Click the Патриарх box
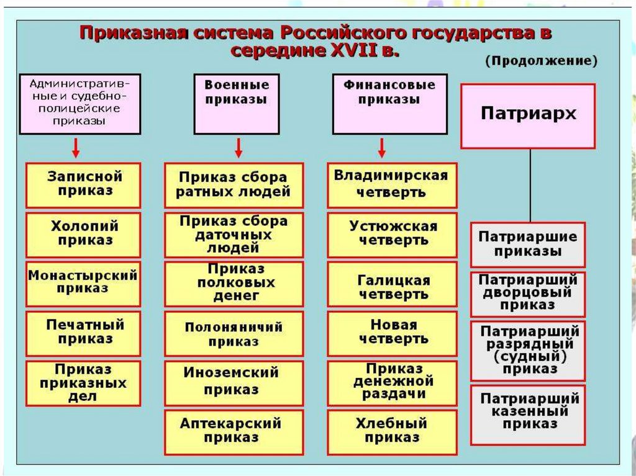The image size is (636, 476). coord(528,116)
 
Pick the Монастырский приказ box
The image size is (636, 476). coord(83,283)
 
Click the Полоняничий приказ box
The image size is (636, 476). coord(234,334)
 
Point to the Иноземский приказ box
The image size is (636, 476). coord(234,381)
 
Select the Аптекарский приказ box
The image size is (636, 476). coord(234,431)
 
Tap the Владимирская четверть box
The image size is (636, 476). coord(391,184)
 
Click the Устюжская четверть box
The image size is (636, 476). coord(391,234)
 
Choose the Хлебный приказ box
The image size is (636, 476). coord(391,431)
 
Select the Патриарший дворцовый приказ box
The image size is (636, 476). coord(528,294)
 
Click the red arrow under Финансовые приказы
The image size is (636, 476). coord(382,148)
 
